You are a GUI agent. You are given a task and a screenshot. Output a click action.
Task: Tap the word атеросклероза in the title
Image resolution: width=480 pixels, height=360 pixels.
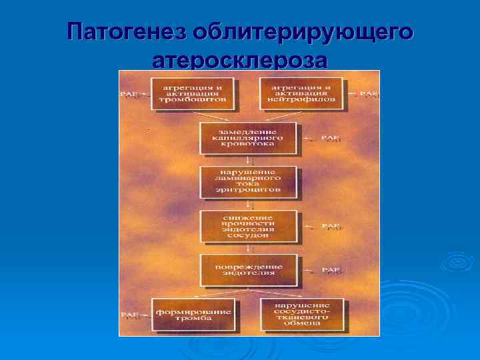240,61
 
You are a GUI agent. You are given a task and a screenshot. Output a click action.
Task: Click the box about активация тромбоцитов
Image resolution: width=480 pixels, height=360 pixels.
193,93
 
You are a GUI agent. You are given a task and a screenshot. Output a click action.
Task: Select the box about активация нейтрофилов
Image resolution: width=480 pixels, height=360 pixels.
301,93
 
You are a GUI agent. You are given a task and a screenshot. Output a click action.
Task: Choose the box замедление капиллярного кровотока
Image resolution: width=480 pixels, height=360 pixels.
247,138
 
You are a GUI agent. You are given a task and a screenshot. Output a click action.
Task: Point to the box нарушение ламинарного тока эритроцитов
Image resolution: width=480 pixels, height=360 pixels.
247,182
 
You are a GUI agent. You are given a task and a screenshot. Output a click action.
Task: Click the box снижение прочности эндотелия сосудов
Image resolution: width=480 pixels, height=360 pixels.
247,227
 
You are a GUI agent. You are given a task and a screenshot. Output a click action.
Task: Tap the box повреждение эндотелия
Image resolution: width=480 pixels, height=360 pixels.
247,270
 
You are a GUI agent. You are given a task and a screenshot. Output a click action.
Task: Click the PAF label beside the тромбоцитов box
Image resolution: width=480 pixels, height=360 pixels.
131,94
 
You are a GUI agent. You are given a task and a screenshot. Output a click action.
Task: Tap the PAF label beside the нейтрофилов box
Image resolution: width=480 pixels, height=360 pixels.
368,94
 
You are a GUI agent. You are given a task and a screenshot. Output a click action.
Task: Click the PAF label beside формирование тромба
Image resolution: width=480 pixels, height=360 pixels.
131,315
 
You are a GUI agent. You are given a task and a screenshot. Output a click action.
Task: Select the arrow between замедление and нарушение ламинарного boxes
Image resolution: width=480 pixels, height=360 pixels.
248,160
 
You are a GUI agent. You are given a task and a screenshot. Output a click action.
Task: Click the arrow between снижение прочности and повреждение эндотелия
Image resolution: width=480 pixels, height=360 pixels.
248,249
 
